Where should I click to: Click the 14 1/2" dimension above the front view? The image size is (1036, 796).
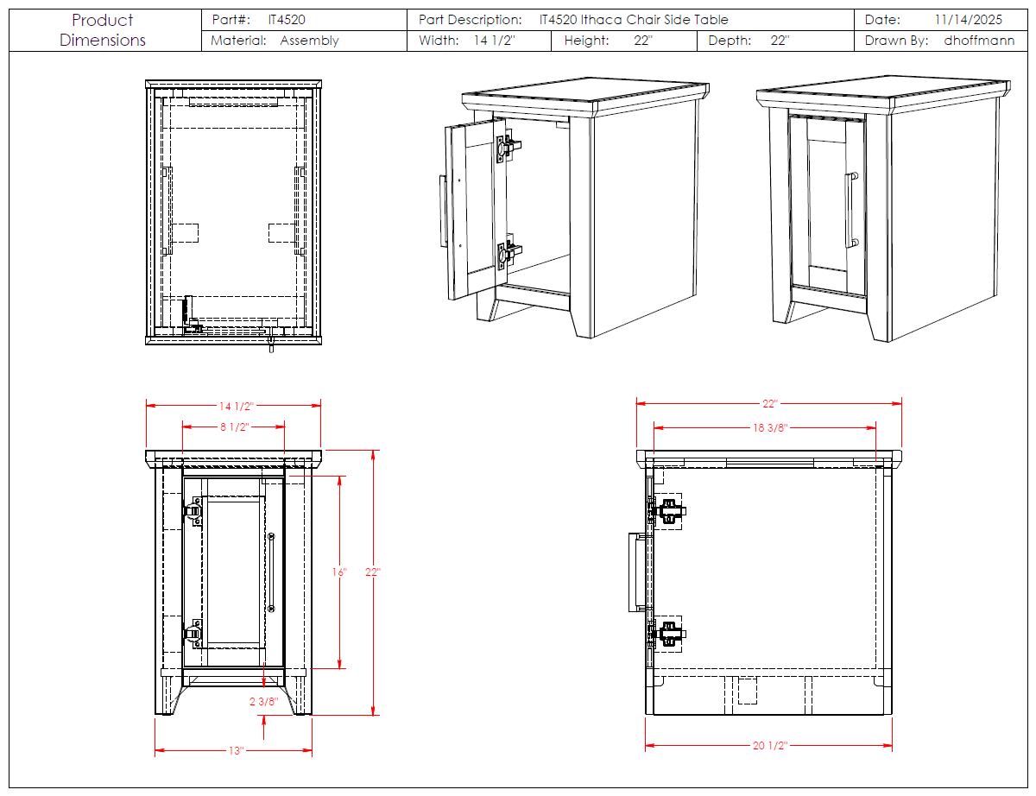click(236, 406)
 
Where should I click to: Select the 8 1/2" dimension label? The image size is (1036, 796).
click(235, 427)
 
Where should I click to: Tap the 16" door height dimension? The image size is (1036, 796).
click(339, 572)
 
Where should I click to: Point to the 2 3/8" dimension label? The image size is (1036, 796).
click(263, 702)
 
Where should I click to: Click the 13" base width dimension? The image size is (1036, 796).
click(236, 751)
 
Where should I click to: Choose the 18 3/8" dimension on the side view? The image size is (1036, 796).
click(770, 428)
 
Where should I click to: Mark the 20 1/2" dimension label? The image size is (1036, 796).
click(770, 745)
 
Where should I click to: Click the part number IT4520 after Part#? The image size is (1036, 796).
click(287, 20)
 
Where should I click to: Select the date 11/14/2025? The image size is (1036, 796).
click(968, 20)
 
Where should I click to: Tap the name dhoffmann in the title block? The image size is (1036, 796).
click(979, 41)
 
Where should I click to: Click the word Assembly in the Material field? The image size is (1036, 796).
click(309, 41)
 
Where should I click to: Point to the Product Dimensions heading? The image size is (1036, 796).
click(103, 30)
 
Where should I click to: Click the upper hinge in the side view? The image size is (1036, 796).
click(666, 511)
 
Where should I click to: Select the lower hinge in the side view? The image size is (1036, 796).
click(666, 635)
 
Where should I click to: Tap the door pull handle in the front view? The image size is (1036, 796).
click(271, 572)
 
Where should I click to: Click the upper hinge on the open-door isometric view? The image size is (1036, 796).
click(509, 147)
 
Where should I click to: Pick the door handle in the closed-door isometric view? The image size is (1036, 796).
click(851, 210)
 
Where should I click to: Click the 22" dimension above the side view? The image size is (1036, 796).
click(769, 404)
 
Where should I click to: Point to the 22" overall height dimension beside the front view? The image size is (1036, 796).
click(373, 572)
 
